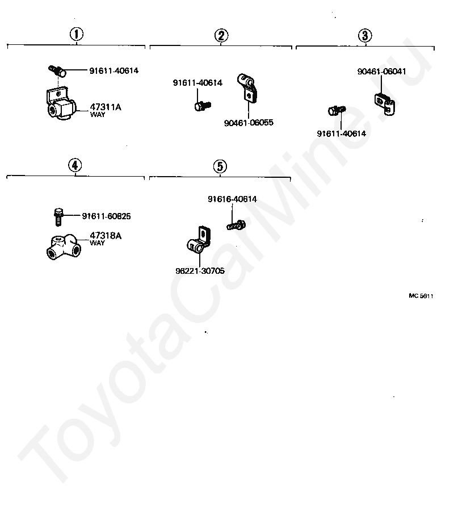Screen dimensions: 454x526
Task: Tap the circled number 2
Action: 221,35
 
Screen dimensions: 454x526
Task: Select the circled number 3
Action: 365,35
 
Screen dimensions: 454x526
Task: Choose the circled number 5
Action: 220,166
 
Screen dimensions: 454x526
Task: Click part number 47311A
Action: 106,106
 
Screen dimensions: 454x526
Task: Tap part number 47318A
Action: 105,235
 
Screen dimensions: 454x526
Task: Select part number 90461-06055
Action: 248,122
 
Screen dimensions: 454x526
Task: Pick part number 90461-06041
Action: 381,72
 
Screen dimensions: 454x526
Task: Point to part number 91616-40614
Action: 232,199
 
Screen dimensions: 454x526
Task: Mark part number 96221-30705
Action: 200,271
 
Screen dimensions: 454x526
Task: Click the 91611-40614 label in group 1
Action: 113,71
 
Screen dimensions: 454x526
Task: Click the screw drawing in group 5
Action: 236,225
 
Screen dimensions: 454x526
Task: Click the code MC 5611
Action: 421,296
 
